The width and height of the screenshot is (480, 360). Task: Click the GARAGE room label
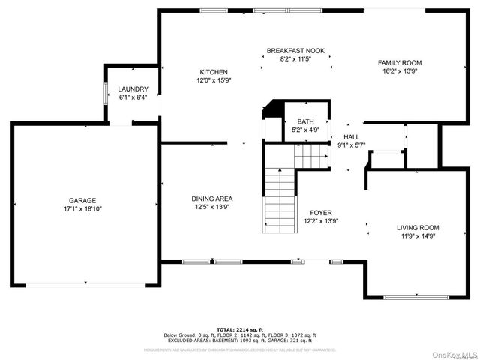pyautogui.click(x=82, y=200)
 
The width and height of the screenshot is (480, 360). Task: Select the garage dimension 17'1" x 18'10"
pyautogui.click(x=82, y=208)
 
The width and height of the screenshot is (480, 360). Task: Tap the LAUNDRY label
pyautogui.click(x=133, y=88)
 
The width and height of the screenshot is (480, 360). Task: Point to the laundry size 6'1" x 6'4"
pyautogui.click(x=133, y=97)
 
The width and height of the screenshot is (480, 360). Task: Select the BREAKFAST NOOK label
pyautogui.click(x=295, y=51)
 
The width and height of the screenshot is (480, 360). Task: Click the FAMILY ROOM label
pyautogui.click(x=399, y=63)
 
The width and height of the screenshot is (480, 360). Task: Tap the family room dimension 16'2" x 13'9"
pyautogui.click(x=399, y=71)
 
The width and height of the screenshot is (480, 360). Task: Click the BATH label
pyautogui.click(x=305, y=121)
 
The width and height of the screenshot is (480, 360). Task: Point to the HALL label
pyautogui.click(x=351, y=136)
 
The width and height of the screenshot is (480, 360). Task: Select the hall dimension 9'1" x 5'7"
pyautogui.click(x=351, y=145)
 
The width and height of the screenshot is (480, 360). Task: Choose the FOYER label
pyautogui.click(x=321, y=213)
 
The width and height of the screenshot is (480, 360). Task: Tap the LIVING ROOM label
pyautogui.click(x=418, y=227)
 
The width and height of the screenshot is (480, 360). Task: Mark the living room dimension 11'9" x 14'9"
pyautogui.click(x=418, y=235)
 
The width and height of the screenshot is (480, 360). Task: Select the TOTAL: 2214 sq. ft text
pyautogui.click(x=240, y=329)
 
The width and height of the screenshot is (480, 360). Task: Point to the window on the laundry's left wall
pyautogui.click(x=104, y=93)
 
